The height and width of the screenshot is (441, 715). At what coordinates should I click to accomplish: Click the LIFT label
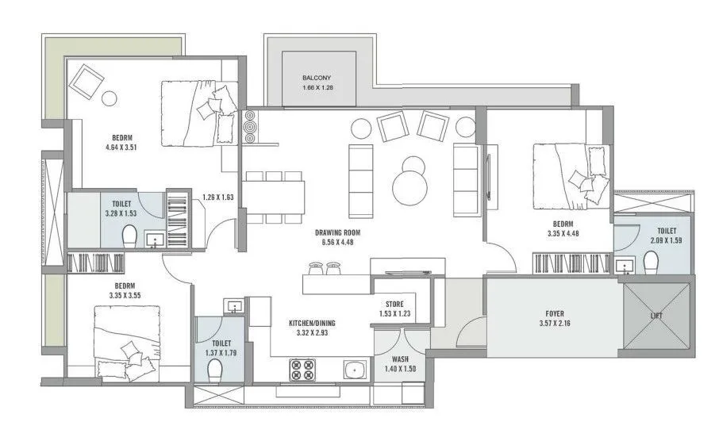pyautogui.click(x=656, y=315)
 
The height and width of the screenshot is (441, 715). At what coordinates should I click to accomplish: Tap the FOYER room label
pyautogui.click(x=555, y=313)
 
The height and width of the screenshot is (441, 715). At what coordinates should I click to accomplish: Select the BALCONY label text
pyautogui.click(x=317, y=78)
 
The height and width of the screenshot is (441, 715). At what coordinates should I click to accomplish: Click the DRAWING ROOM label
pyautogui.click(x=337, y=232)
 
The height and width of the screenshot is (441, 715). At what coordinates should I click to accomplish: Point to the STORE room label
pyautogui.click(x=394, y=304)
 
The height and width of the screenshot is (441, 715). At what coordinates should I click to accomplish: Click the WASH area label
pyautogui.click(x=400, y=359)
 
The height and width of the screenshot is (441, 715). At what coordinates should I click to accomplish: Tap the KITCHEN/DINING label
pyautogui.click(x=312, y=323)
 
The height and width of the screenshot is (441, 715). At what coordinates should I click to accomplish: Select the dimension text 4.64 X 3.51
pyautogui.click(x=121, y=148)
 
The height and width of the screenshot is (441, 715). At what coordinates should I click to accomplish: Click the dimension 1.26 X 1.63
pyautogui.click(x=218, y=197)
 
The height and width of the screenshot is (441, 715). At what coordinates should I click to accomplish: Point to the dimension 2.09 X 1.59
pyautogui.click(x=667, y=240)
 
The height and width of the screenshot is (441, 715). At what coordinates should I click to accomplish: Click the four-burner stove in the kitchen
pyautogui.click(x=302, y=370)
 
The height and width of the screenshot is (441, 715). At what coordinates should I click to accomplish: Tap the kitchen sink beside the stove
pyautogui.click(x=356, y=370)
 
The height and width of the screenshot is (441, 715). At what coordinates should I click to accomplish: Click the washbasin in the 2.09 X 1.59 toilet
pyautogui.click(x=623, y=265)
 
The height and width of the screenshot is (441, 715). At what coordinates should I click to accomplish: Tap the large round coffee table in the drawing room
pyautogui.click(x=410, y=189)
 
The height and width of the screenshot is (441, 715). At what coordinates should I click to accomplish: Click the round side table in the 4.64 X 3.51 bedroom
pyautogui.click(x=110, y=98)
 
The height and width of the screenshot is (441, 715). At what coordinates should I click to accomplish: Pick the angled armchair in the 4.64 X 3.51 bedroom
pyautogui.click(x=86, y=81)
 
